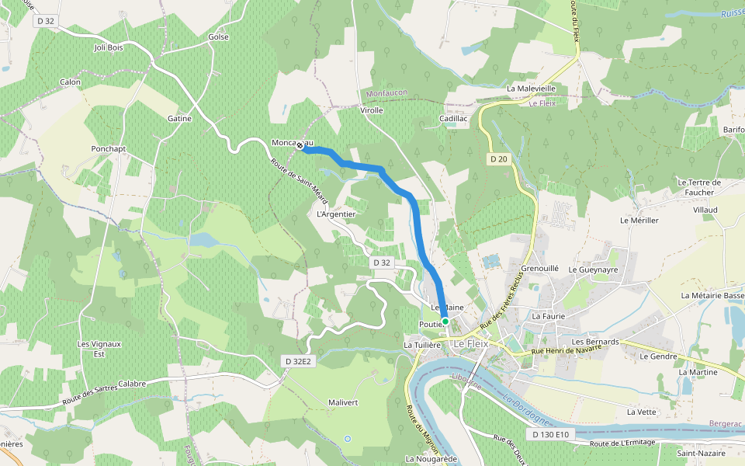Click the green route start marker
[x=445, y=321]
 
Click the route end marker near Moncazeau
[x=300, y=144]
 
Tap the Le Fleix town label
[x=470, y=343]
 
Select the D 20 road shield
[x=498, y=158]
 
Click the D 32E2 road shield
[x=297, y=361]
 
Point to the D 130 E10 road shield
[x=552, y=434]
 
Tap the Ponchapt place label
[x=108, y=148]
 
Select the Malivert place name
[x=343, y=402]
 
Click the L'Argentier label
[x=336, y=214]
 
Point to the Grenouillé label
[x=540, y=268]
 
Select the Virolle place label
[x=372, y=110]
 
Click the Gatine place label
[x=179, y=118]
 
